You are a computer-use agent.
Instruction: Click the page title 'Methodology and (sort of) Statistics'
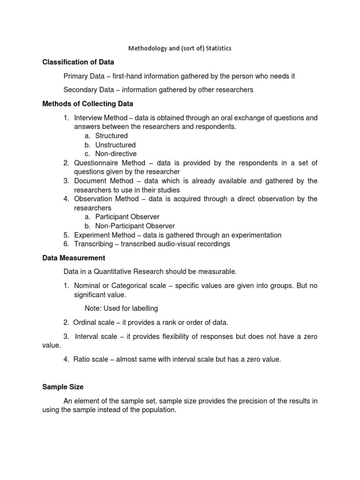click(x=180, y=48)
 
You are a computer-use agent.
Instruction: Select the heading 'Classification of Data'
click(x=78, y=62)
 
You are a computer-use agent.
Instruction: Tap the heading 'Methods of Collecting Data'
click(x=88, y=104)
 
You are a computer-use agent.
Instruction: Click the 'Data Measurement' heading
click(x=74, y=258)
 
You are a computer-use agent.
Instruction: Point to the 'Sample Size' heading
click(x=63, y=387)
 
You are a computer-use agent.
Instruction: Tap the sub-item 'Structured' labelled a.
click(x=111, y=136)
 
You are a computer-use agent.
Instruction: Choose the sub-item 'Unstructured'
click(x=115, y=145)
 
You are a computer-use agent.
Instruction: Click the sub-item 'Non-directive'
click(x=116, y=154)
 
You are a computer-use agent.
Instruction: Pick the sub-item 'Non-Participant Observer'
click(x=135, y=226)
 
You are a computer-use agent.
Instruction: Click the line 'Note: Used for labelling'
click(x=121, y=308)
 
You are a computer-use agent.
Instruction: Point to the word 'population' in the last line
click(x=159, y=410)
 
